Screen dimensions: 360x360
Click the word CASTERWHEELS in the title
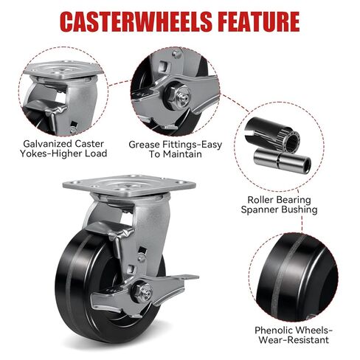pyautogui.click(x=136, y=21)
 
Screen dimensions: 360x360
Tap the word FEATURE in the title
pyautogui.click(x=259, y=21)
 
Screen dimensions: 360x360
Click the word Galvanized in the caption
pyautogui.click(x=46, y=144)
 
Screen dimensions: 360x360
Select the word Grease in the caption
pyautogui.click(x=144, y=145)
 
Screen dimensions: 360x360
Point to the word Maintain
pyautogui.click(x=182, y=154)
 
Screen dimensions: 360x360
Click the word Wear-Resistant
pyautogui.click(x=294, y=340)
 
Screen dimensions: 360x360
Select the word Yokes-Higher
pyautogui.click(x=51, y=153)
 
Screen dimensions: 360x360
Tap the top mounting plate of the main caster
pyautogui.click(x=129, y=185)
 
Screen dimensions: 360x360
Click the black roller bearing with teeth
pyautogui.click(x=272, y=134)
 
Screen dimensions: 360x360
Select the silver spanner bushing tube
pyautogui.click(x=283, y=161)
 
